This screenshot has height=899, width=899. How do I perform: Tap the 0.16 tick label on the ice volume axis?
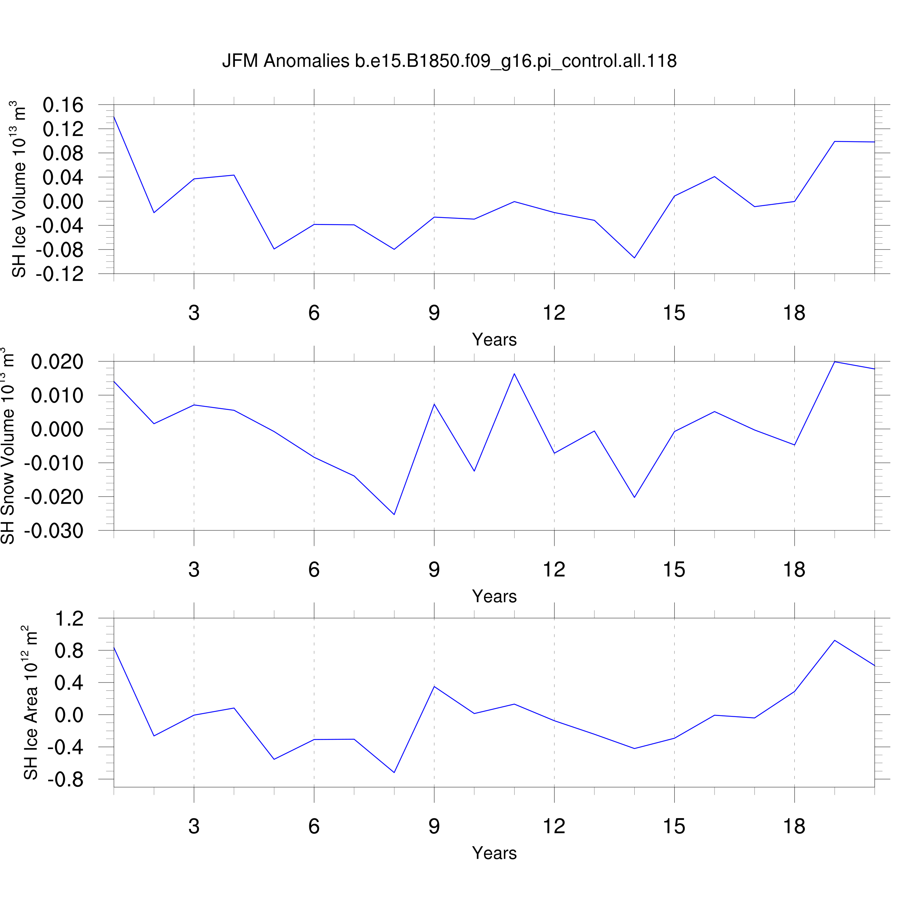[x=63, y=105]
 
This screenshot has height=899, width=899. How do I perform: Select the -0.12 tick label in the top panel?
[x=60, y=274]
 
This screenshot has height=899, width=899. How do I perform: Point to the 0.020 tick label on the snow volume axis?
[x=57, y=362]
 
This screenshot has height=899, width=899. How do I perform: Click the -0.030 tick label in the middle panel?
[x=54, y=531]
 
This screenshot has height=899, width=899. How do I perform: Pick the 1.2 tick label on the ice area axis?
[x=69, y=619]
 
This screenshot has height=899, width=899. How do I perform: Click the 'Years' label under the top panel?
[x=494, y=340]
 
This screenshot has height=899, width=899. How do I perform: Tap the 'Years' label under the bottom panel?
[x=494, y=853]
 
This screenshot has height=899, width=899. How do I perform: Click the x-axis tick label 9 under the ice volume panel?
[x=434, y=313]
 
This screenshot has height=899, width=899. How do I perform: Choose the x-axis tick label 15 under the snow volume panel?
[x=674, y=570]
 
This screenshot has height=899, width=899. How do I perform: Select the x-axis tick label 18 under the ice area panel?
[x=794, y=826]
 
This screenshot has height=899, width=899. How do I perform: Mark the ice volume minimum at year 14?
[x=634, y=258]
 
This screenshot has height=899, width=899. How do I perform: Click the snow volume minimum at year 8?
[x=394, y=515]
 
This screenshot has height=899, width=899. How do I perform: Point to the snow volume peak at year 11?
[x=514, y=374]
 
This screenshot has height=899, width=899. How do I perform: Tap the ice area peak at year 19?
[x=834, y=641]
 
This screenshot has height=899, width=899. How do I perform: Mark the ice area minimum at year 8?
[x=394, y=772]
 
